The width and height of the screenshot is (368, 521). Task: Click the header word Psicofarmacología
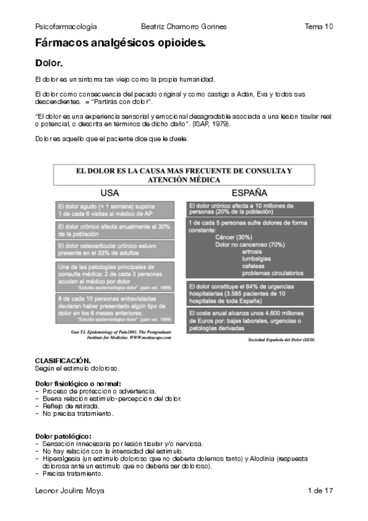tap(66, 26)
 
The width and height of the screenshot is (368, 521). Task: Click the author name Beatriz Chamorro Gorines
tap(184, 26)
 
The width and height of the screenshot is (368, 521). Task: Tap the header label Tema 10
tap(318, 26)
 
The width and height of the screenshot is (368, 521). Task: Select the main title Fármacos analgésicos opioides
tap(120, 43)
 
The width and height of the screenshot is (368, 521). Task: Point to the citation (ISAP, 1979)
tap(225, 123)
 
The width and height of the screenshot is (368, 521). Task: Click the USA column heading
tap(109, 192)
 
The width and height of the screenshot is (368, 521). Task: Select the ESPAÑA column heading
tap(249, 192)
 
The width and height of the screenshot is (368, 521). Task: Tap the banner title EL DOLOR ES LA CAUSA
tap(184, 174)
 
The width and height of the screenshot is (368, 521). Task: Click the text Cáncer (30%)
tap(233, 237)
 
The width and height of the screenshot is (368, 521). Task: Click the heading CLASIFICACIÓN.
tap(63, 359)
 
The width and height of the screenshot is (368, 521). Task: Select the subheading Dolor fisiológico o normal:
tap(78, 384)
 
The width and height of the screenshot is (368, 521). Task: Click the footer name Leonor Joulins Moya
tap(69, 490)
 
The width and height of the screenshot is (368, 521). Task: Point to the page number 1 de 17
tap(320, 490)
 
